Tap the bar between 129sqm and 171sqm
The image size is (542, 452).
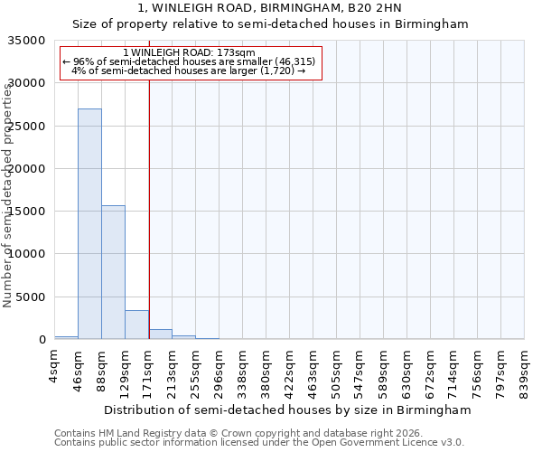(x=136, y=325)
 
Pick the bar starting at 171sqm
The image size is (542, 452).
(x=160, y=334)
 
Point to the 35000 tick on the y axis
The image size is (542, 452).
(x=30, y=41)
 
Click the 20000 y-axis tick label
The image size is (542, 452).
(x=30, y=169)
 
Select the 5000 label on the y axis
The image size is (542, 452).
(x=33, y=297)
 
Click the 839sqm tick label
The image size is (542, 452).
(x=525, y=369)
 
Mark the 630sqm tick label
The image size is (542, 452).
(x=407, y=369)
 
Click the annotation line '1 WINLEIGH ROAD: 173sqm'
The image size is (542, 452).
(x=189, y=52)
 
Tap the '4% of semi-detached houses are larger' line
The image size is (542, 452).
(x=189, y=71)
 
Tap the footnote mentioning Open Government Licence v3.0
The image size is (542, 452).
(x=259, y=443)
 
